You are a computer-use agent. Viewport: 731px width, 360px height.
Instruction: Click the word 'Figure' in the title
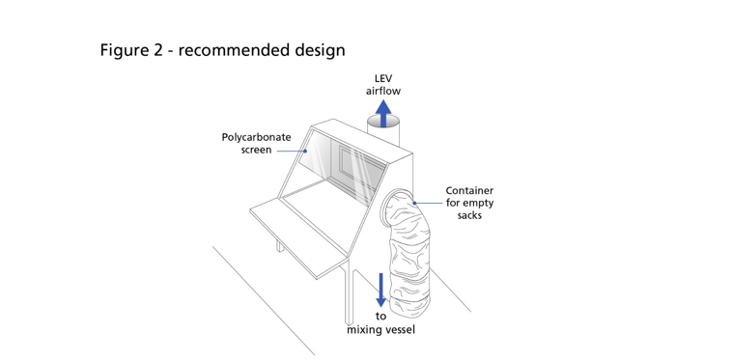pos(124,49)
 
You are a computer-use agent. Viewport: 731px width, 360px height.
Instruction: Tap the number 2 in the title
pos(157,49)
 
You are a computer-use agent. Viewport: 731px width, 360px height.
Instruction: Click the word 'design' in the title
pos(318,49)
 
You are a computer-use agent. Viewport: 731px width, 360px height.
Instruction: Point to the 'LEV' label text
pos(383,78)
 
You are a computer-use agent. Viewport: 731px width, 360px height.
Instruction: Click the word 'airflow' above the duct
pos(383,91)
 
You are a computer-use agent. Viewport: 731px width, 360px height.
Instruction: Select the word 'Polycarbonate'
pos(256,137)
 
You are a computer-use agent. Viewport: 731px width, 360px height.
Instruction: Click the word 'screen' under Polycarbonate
pos(256,150)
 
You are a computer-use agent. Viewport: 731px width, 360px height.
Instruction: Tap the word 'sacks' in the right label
pos(470,215)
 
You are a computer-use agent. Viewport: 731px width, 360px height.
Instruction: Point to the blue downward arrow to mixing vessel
pos(381,289)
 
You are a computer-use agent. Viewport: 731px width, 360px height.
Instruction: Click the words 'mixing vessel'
pos(380,331)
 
